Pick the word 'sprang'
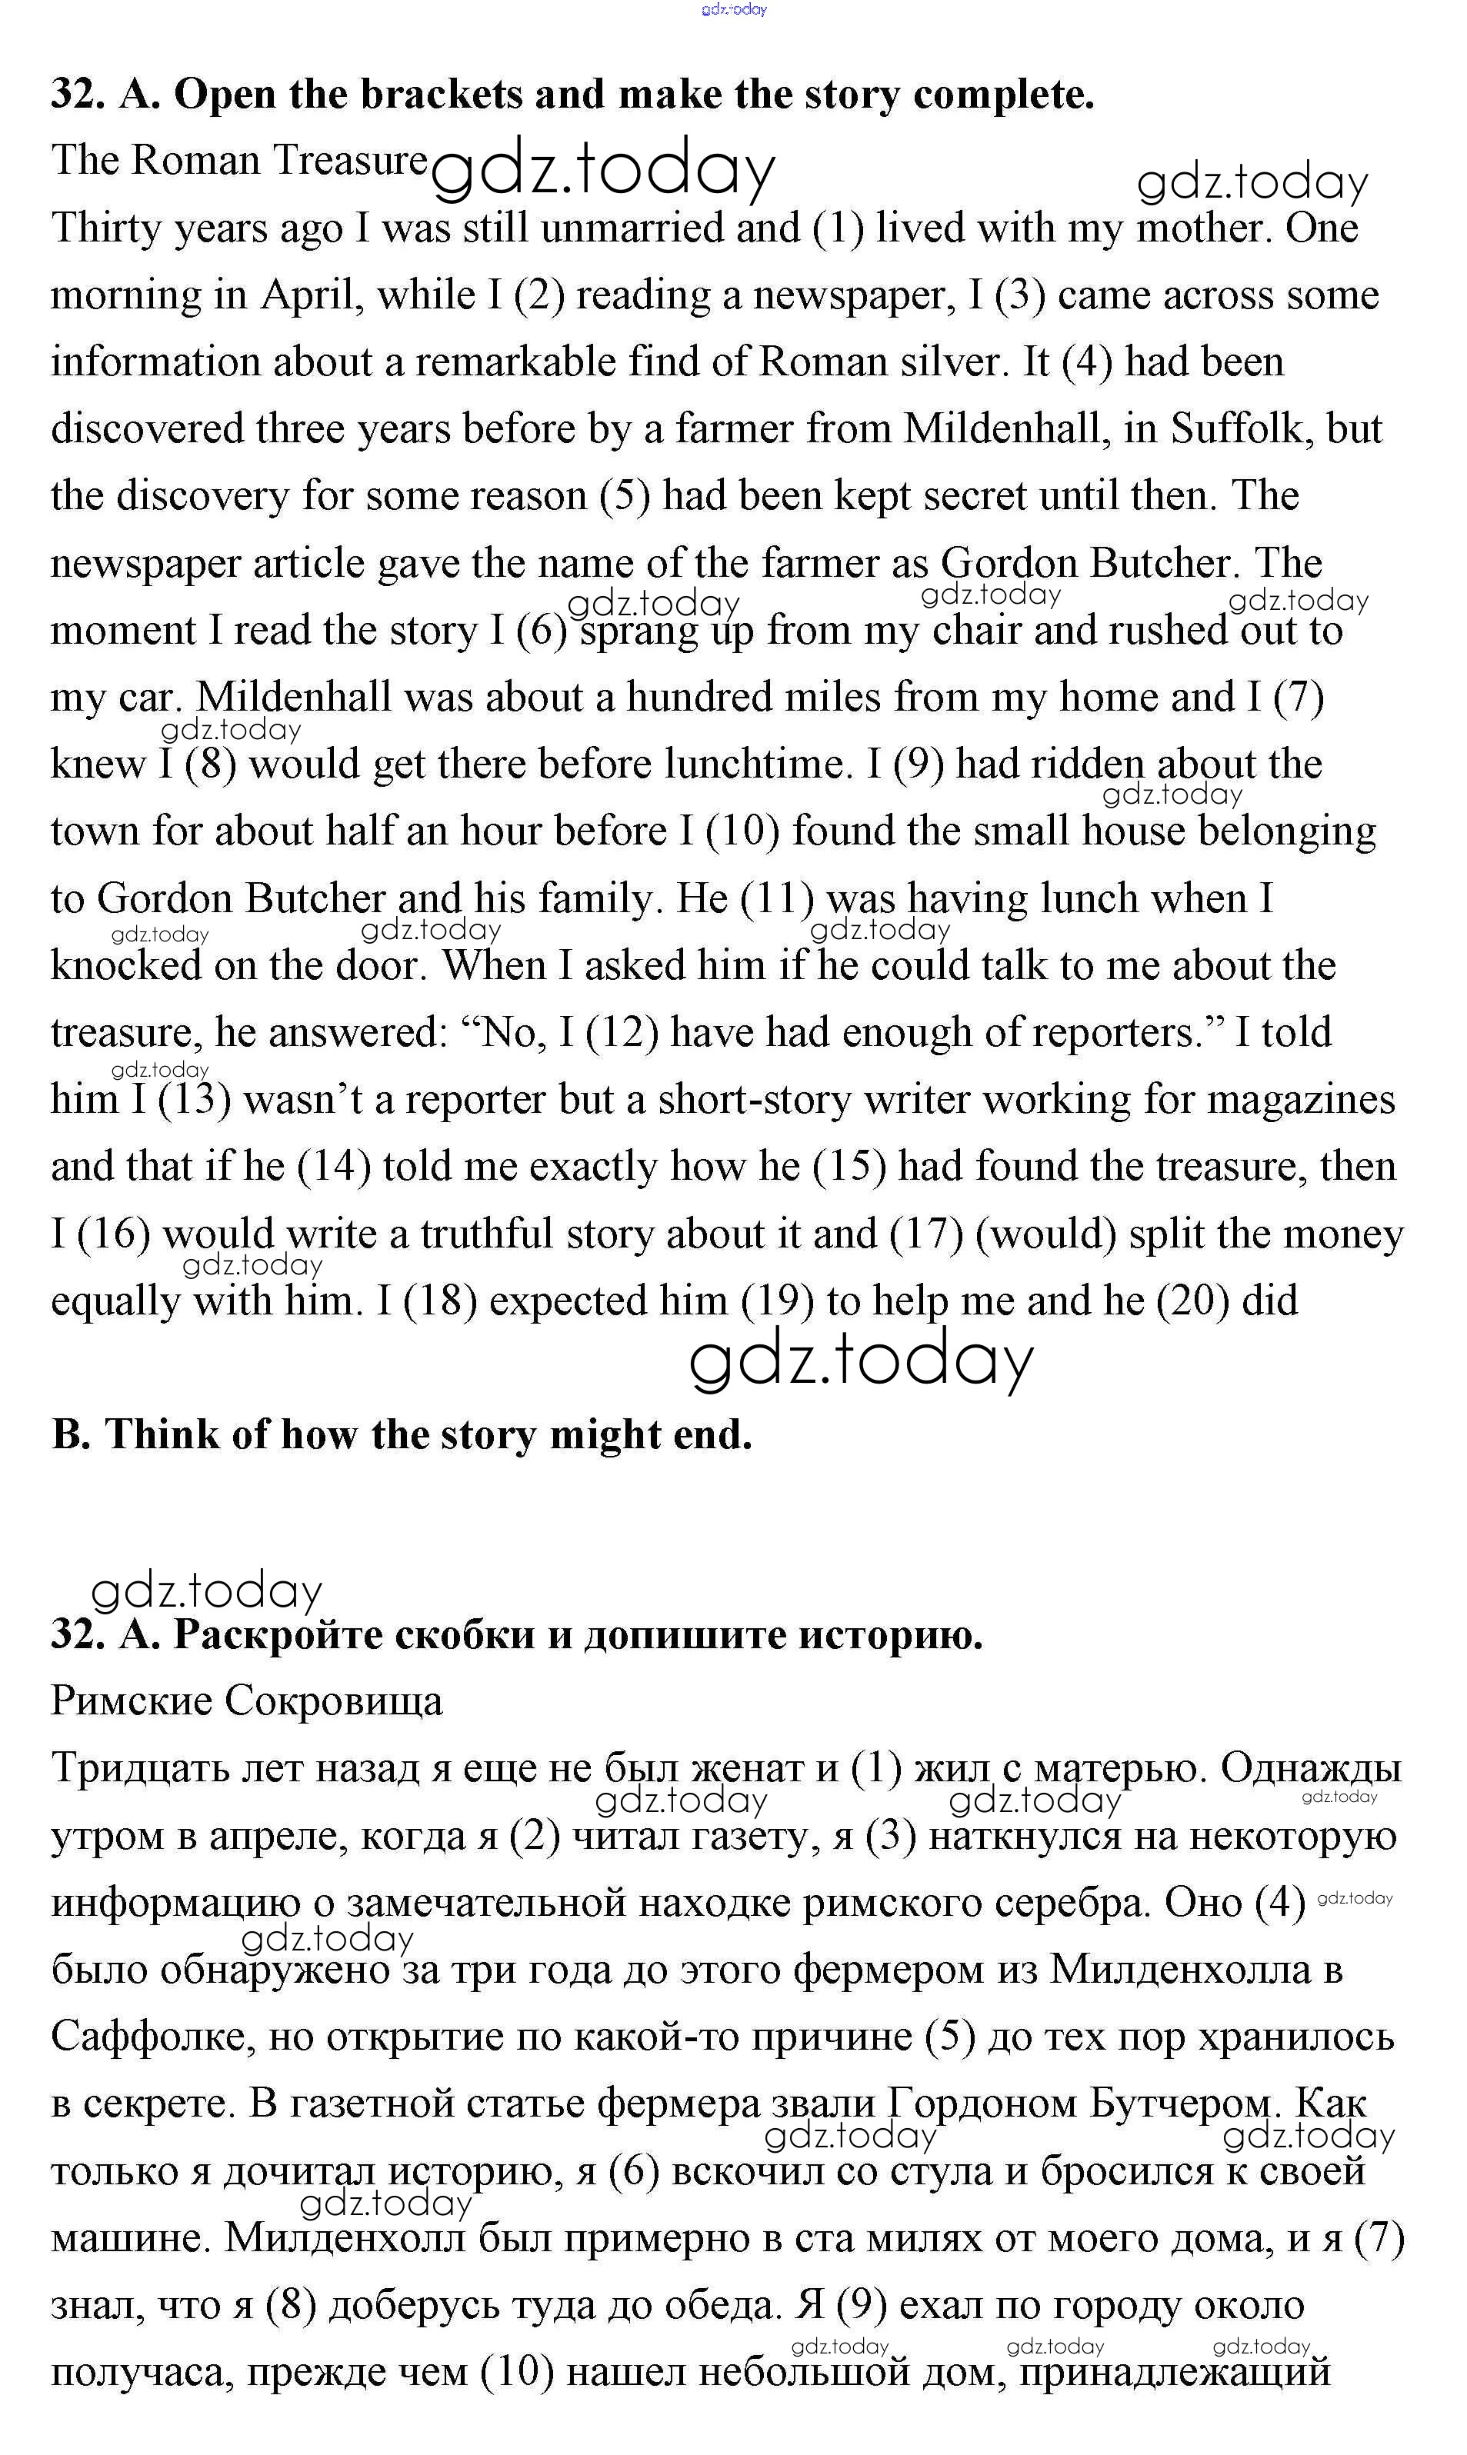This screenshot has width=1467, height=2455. [x=638, y=631]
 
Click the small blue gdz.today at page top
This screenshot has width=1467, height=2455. [x=734, y=10]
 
